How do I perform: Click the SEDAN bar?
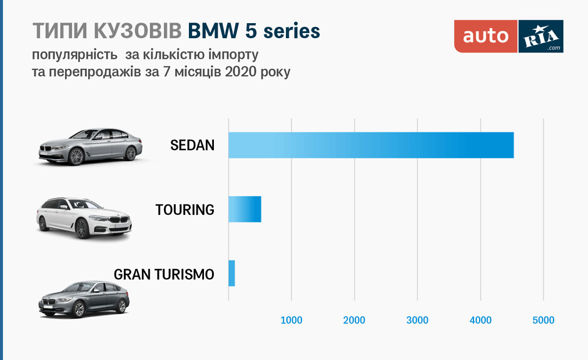[x=371, y=145]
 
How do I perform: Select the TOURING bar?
[x=245, y=209]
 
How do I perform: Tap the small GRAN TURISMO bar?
[x=231, y=273]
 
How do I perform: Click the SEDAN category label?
[x=192, y=146]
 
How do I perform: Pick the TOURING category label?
[x=185, y=210]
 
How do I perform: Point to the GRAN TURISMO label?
[x=164, y=274]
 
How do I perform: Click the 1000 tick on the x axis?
[x=291, y=321]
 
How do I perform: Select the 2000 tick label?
[x=354, y=321]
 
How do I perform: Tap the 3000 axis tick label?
[x=417, y=321]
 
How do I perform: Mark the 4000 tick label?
[x=480, y=321]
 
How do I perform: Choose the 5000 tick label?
[x=543, y=321]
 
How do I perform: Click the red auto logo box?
[x=486, y=36]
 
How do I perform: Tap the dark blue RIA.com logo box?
[x=541, y=36]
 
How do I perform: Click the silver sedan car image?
[x=91, y=147]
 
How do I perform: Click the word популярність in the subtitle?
[x=71, y=54]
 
